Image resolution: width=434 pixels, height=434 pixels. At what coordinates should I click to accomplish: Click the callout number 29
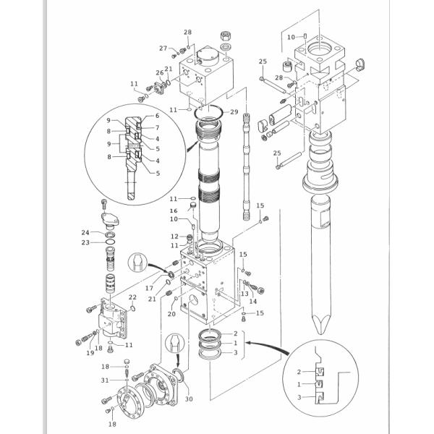pyautogui.click(x=234, y=112)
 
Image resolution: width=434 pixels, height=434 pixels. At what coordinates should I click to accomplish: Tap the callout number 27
pyautogui.click(x=163, y=48)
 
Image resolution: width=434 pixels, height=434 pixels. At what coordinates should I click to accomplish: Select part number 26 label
pyautogui.click(x=160, y=72)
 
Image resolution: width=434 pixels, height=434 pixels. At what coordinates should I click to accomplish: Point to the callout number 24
pyautogui.click(x=85, y=233)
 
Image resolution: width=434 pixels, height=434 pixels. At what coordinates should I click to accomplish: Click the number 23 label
pyautogui.click(x=85, y=242)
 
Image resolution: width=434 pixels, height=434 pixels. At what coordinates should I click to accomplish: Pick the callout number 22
pyautogui.click(x=132, y=297)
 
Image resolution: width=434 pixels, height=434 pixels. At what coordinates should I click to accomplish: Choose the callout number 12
pyautogui.click(x=174, y=237)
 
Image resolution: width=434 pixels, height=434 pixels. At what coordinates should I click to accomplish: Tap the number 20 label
pyautogui.click(x=171, y=314)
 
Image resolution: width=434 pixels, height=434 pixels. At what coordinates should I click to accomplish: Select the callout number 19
pyautogui.click(x=90, y=353)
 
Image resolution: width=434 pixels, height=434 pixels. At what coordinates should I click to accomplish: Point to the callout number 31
pyautogui.click(x=106, y=380)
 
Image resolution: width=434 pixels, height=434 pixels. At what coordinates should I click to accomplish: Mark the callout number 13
pyautogui.click(x=244, y=294)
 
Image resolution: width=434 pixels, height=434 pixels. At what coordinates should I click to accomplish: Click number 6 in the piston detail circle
pyautogui.click(x=157, y=116)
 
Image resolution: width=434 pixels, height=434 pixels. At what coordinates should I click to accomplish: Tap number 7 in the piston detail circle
pyautogui.click(x=157, y=127)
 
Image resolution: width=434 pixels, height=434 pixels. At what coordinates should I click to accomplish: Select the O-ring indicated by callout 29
pyautogui.click(x=210, y=111)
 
